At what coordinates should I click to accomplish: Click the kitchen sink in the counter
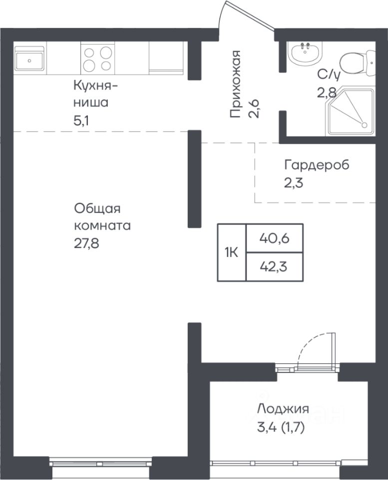coord(29,60)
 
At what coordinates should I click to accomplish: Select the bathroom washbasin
coord(306,52)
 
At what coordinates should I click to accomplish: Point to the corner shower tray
coord(351,111)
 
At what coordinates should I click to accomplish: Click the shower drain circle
coord(364,125)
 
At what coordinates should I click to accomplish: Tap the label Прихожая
coord(235,84)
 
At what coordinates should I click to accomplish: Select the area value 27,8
coord(86,244)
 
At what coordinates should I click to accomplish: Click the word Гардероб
coord(317,165)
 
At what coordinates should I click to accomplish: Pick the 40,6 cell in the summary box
coord(275,238)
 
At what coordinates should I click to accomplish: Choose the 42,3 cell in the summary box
coord(275,267)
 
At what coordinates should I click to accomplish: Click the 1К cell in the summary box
coord(232,252)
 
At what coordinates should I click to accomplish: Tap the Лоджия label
coord(283,409)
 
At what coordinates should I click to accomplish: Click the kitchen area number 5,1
coord(81,121)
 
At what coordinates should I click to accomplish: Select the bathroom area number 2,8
coord(327,92)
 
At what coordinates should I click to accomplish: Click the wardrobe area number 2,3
coord(294,183)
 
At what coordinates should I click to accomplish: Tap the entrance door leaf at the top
coord(250,16)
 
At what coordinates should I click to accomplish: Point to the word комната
coord(102,226)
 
